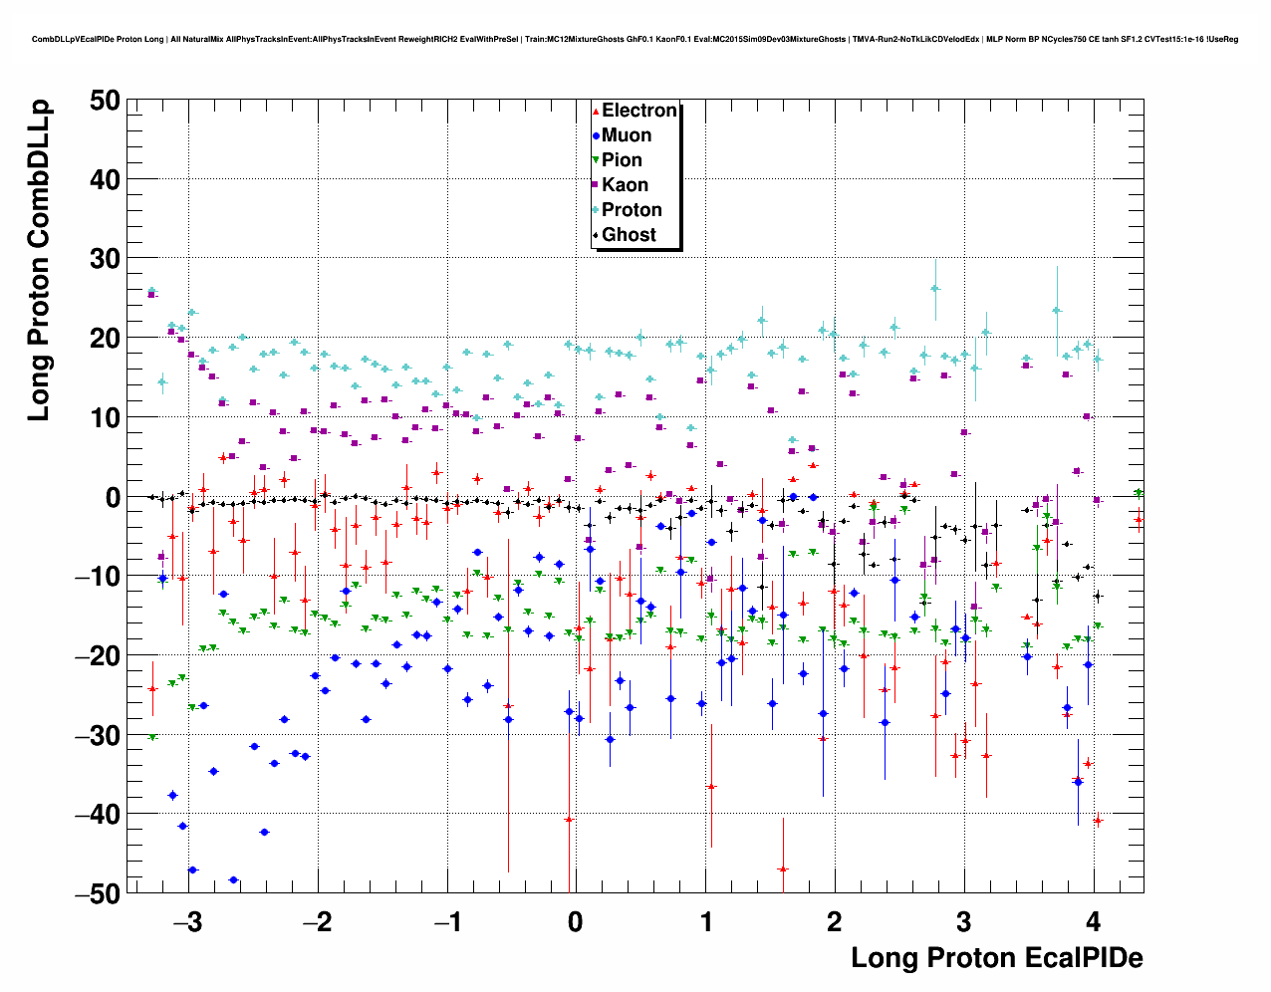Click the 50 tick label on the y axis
pyautogui.click(x=104, y=101)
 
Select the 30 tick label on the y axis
pyautogui.click(x=104, y=259)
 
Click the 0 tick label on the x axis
pyautogui.click(x=576, y=921)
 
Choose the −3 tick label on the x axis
pyautogui.click(x=186, y=921)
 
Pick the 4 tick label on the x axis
pyautogui.click(x=1094, y=921)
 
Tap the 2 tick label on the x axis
pyautogui.click(x=834, y=921)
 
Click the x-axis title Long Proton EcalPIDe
pyautogui.click(x=996, y=958)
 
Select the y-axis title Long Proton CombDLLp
pyautogui.click(x=39, y=261)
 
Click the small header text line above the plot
pyautogui.click(x=635, y=39)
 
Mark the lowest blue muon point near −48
pyautogui.click(x=233, y=880)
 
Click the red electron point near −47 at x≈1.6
pyautogui.click(x=783, y=869)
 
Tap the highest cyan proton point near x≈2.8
pyautogui.click(x=935, y=289)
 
